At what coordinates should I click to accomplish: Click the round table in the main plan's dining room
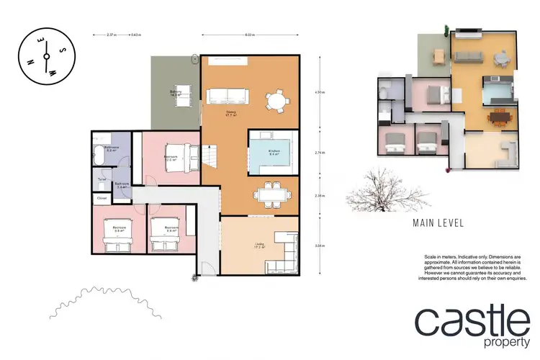click(x=276, y=100)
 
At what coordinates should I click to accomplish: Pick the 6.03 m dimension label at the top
click(x=250, y=34)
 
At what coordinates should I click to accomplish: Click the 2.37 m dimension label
click(x=110, y=34)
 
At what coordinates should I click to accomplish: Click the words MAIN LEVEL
click(x=438, y=223)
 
